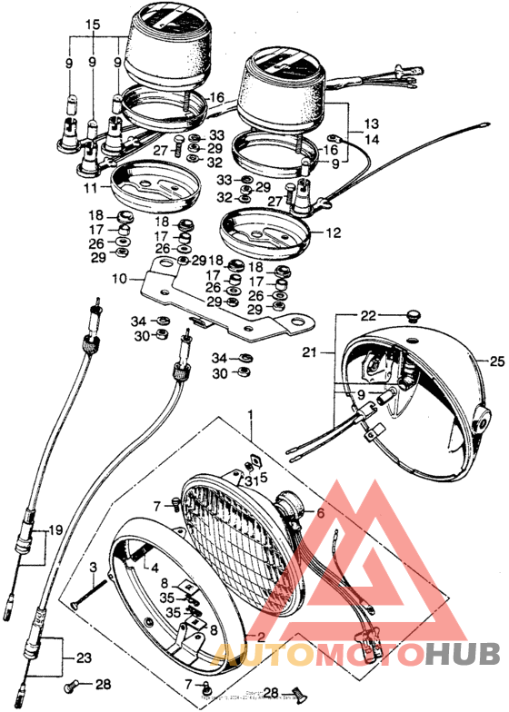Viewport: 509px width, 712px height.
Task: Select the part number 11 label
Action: click(91, 188)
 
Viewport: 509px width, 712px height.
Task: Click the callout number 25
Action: click(495, 361)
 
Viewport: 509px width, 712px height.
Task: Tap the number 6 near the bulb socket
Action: click(319, 512)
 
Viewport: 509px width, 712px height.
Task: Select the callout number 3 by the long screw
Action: click(92, 569)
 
